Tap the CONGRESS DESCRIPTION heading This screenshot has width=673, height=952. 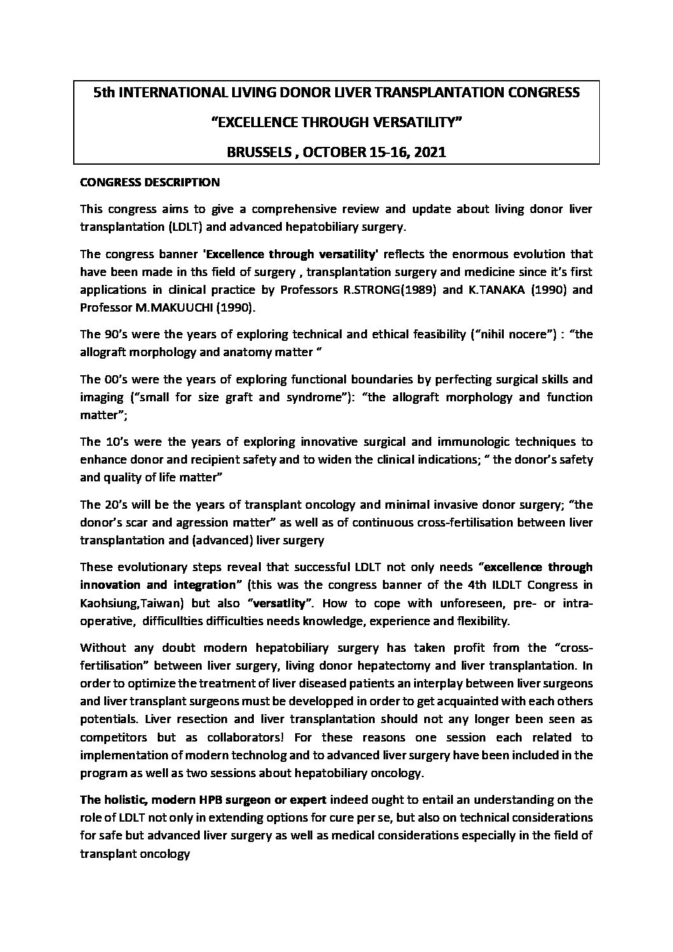pos(149,183)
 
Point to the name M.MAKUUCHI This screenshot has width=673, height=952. pos(167,308)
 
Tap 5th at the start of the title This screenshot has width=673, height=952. pos(105,93)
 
